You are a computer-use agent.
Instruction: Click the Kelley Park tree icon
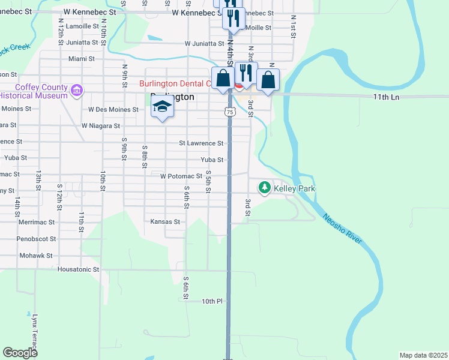tap(264, 188)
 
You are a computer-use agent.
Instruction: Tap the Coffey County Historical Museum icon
tap(76, 91)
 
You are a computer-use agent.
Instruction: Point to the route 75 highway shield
tap(229, 112)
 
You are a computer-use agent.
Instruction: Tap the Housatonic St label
tap(78, 269)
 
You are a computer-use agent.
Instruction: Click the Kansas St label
tap(165, 221)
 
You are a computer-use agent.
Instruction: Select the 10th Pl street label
tap(212, 301)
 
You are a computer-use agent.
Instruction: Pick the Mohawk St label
tap(36, 255)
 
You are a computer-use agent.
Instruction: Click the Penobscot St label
tap(37, 238)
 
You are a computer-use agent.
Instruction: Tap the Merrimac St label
tap(37, 222)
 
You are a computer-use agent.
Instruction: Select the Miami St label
tap(82, 59)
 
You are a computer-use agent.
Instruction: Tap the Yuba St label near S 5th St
tap(212, 160)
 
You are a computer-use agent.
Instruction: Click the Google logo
tap(20, 353)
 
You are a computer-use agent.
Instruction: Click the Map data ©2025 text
tap(423, 355)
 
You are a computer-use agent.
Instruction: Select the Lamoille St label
tap(82, 26)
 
